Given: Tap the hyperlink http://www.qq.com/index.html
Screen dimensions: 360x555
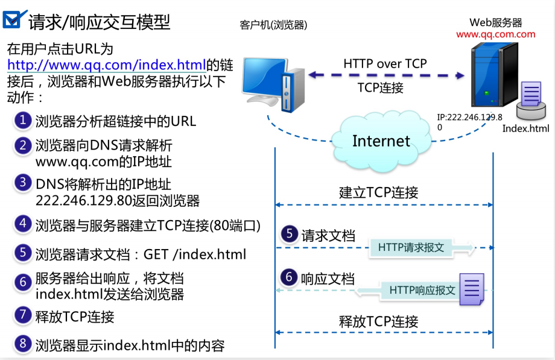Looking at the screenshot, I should [106, 65].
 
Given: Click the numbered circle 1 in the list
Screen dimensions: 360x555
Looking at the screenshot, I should [23, 120].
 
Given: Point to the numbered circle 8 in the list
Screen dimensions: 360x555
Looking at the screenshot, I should [23, 344].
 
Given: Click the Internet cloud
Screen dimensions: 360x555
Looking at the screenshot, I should [381, 140].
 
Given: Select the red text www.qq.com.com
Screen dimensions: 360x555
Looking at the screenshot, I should [495, 34].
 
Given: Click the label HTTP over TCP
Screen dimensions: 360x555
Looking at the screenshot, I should [385, 63].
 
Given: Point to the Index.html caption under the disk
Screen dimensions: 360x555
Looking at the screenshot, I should [526, 128].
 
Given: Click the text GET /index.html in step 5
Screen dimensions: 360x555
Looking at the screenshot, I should [194, 254].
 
